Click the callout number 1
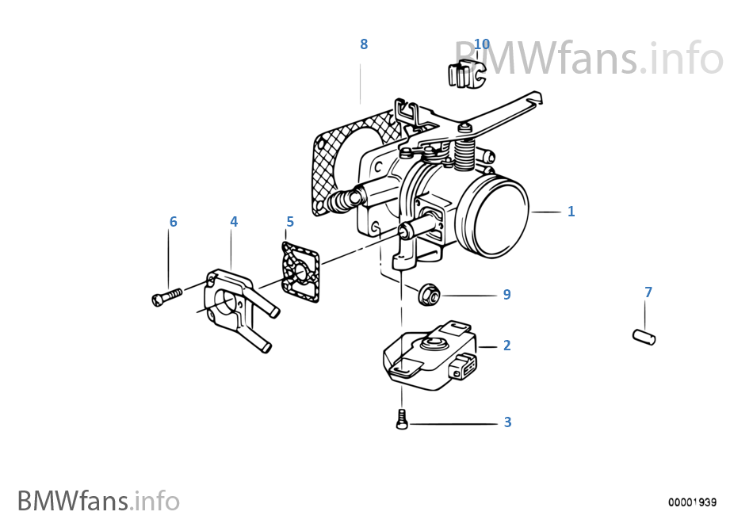[571, 212]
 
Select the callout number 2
[506, 346]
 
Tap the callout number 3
[507, 422]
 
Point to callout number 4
[234, 222]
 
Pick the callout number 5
[290, 222]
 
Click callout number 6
[174, 222]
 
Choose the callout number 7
[648, 292]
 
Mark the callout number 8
[364, 44]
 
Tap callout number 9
[506, 295]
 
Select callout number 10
[482, 44]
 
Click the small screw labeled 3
[402, 419]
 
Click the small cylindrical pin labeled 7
[644, 337]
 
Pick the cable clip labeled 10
[466, 74]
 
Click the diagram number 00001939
[693, 502]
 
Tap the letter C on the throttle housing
[378, 166]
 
